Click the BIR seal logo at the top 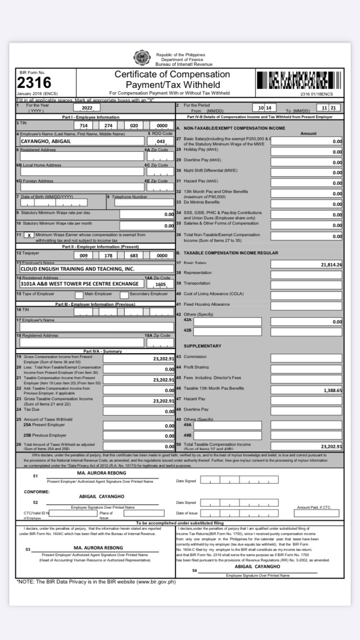pyautogui.click(x=142, y=58)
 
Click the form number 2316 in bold pyautogui.click(x=34, y=83)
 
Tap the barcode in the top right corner pyautogui.click(x=299, y=80)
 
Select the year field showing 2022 pyautogui.click(x=87, y=108)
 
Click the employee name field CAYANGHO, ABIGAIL pyautogui.click(x=82, y=141)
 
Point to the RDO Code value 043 pyautogui.click(x=161, y=142)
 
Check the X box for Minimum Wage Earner pyautogui.click(x=29, y=236)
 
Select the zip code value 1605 pyautogui.click(x=161, y=284)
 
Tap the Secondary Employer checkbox pyautogui.click(x=124, y=294)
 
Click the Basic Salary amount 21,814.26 pyautogui.click(x=306, y=264)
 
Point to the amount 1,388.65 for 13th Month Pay pyautogui.click(x=306, y=391)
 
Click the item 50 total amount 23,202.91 pyautogui.click(x=306, y=446)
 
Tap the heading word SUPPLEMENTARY pyautogui.click(x=202, y=346)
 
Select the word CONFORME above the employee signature pyautogui.click(x=36, y=492)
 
